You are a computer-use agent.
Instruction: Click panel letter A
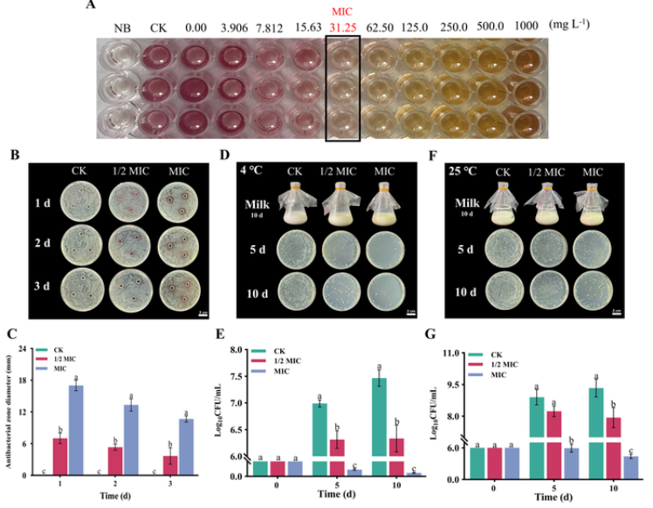(x=91, y=6)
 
